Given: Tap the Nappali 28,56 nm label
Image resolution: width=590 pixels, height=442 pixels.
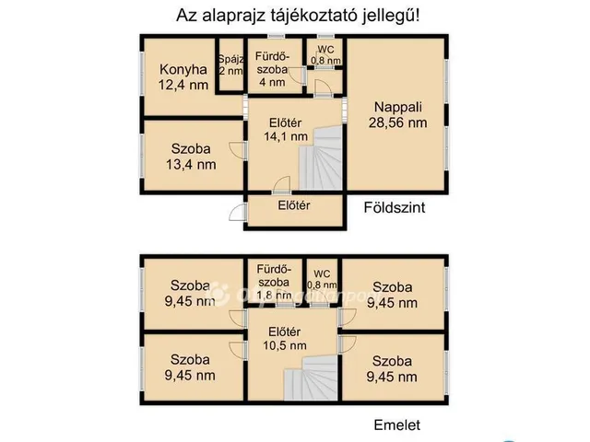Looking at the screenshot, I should pyautogui.click(x=397, y=113).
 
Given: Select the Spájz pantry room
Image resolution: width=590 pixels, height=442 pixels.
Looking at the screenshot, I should pyautogui.click(x=230, y=64).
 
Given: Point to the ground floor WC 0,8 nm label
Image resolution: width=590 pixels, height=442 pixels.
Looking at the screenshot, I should pyautogui.click(x=325, y=54).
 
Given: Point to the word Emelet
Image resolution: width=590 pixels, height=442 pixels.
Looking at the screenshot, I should pyautogui.click(x=397, y=425).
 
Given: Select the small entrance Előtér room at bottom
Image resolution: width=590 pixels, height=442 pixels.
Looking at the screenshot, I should pyautogui.click(x=293, y=205).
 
